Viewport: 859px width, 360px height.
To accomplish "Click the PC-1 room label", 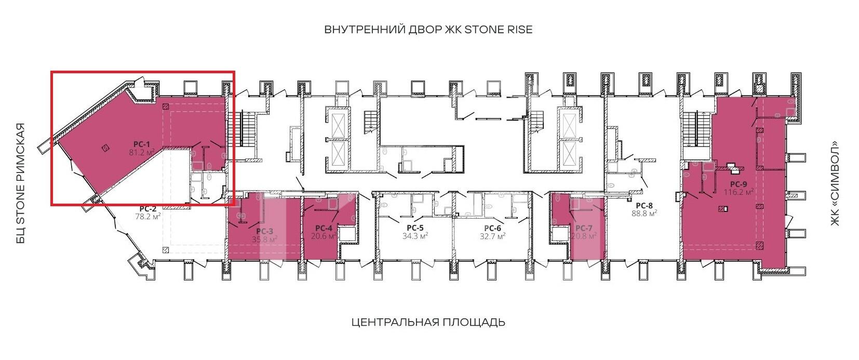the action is [141, 144].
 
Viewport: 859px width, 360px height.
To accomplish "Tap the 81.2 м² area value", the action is [142, 152].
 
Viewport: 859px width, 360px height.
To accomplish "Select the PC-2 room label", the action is [147, 209].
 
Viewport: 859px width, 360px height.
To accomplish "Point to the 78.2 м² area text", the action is [147, 217].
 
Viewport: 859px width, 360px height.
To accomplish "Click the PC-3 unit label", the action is [264, 231].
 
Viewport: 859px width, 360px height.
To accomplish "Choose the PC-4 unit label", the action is [324, 228].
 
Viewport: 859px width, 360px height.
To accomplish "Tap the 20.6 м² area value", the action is [324, 236].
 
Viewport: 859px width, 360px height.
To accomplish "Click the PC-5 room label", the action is [415, 228].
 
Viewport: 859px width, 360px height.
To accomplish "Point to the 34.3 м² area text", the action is [415, 236].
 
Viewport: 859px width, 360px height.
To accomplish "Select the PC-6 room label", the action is [493, 228].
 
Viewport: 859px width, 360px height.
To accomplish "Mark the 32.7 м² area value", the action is [493, 236].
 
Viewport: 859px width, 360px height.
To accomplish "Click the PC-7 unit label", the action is [584, 228].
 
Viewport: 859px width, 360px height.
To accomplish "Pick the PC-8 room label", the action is [644, 206].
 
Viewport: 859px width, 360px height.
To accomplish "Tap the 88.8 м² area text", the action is [644, 213].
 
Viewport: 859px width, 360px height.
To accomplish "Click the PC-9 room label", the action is [739, 184].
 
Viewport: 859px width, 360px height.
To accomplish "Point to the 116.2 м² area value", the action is [739, 192].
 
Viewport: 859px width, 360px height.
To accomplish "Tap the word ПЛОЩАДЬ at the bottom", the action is [474, 322].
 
